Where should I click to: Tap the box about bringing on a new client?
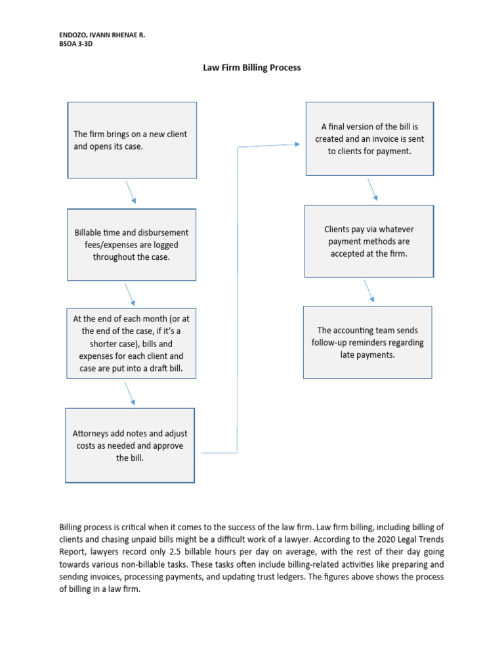[132, 140]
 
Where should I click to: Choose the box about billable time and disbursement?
[132, 245]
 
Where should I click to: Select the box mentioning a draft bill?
[131, 344]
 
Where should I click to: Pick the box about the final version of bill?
[369, 138]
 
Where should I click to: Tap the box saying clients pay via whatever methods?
[369, 241]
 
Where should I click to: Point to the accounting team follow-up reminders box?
[367, 342]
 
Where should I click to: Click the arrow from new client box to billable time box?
[131, 192]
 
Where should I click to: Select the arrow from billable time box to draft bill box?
[129, 294]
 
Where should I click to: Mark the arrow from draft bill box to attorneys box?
[129, 394]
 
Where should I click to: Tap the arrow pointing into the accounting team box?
[369, 290]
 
